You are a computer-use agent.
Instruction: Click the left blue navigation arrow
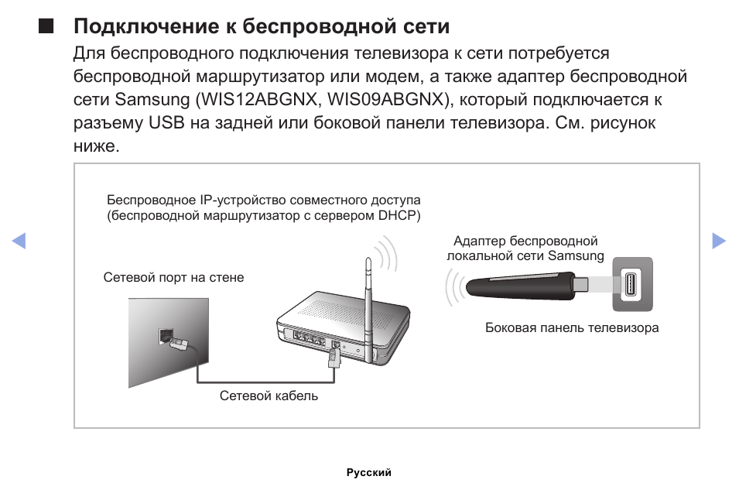pos(19,240)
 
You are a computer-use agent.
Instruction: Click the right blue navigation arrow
pos(719,240)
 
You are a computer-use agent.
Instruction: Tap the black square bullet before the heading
pos(46,26)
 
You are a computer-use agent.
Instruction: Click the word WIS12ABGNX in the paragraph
pos(258,99)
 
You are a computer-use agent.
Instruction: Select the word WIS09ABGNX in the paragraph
pos(386,99)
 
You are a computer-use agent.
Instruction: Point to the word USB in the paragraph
pos(166,122)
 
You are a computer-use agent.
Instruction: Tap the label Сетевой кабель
pos(269,396)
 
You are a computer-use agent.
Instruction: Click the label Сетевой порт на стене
pos(173,277)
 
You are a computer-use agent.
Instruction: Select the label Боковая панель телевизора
pos(572,327)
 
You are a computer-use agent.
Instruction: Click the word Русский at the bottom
pos(369,472)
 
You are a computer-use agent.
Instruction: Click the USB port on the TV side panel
pos(631,284)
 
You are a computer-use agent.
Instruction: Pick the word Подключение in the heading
pos(145,26)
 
